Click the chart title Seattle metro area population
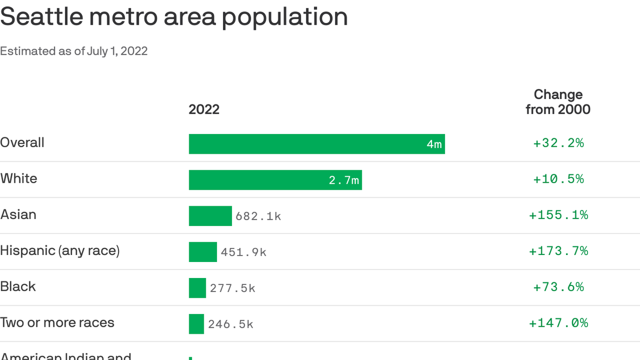174,17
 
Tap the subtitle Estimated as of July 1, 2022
74,51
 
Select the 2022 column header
204,109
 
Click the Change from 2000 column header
558,102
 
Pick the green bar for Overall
316,144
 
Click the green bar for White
275,180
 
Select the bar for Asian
210,216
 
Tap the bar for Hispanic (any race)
203,252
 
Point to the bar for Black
197,288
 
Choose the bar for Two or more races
196,324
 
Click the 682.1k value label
258,216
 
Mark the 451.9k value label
244,252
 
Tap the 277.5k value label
232,288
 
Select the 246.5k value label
231,324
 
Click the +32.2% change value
558,143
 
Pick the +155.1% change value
558,215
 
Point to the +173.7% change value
558,251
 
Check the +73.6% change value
558,287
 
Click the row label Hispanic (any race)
60,251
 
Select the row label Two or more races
57,322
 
